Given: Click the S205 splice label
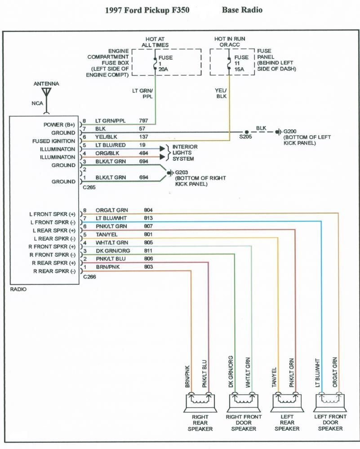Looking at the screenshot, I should (x=245, y=136).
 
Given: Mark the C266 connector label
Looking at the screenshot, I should (x=89, y=277).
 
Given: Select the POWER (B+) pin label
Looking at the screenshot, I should (x=59, y=125).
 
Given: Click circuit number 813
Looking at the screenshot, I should (x=149, y=218).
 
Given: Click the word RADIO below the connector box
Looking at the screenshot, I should (x=18, y=290).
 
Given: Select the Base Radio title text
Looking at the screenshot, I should (x=242, y=10).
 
